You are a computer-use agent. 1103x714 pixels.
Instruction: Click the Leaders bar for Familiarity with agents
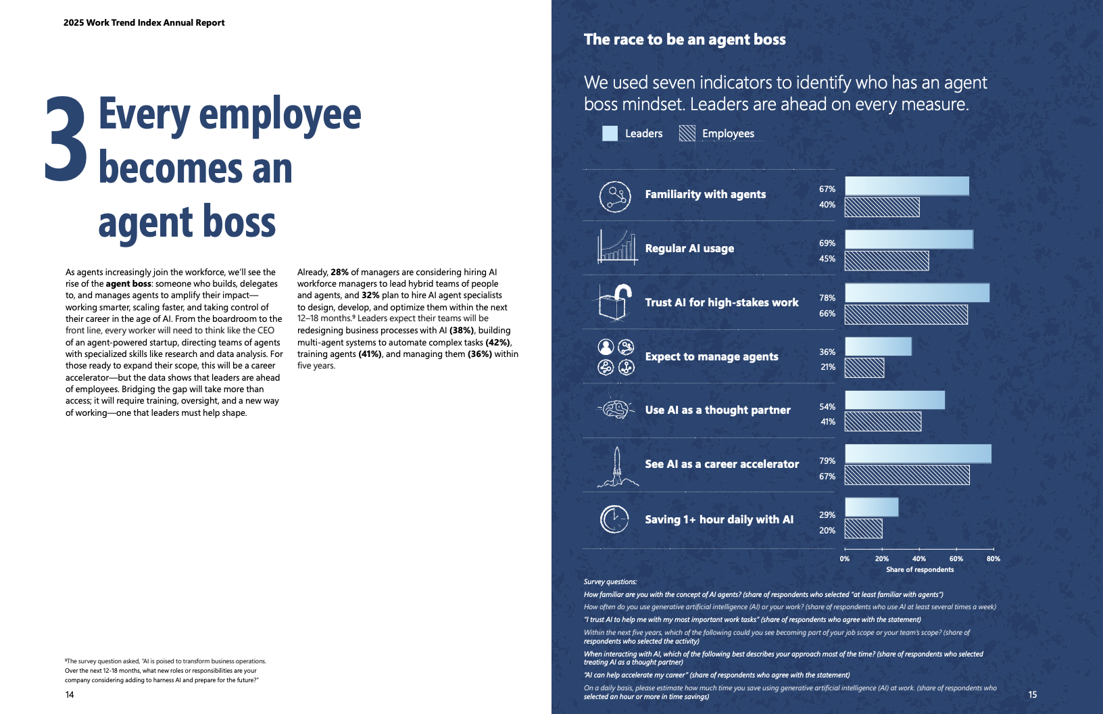click(906, 186)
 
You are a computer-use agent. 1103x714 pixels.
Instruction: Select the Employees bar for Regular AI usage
click(886, 261)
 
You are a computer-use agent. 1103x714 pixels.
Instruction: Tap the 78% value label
click(827, 298)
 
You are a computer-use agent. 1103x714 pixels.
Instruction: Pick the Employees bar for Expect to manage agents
click(864, 368)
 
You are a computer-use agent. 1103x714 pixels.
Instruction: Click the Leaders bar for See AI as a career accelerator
click(918, 454)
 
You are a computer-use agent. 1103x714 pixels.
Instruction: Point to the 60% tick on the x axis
click(956, 558)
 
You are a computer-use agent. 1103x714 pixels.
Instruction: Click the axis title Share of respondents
click(920, 570)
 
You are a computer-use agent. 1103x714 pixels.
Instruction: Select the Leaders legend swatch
click(610, 133)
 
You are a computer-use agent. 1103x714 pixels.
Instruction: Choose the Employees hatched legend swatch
click(687, 133)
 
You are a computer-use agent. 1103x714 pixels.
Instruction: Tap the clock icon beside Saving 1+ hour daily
click(614, 519)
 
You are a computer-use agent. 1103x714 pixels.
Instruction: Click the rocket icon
click(616, 467)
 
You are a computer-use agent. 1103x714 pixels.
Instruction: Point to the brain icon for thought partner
click(615, 409)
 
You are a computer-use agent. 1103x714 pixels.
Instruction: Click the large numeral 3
click(66, 139)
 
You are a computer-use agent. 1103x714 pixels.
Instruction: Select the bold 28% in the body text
click(339, 272)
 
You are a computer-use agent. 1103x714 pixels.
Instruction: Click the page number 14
click(70, 695)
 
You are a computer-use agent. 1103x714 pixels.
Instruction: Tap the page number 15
click(1032, 694)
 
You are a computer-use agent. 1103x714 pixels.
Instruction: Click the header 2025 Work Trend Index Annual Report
click(144, 23)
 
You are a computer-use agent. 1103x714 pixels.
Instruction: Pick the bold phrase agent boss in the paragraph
click(128, 284)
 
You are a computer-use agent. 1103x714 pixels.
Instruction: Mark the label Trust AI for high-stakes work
click(721, 303)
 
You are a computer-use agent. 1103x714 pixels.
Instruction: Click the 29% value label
click(827, 515)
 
